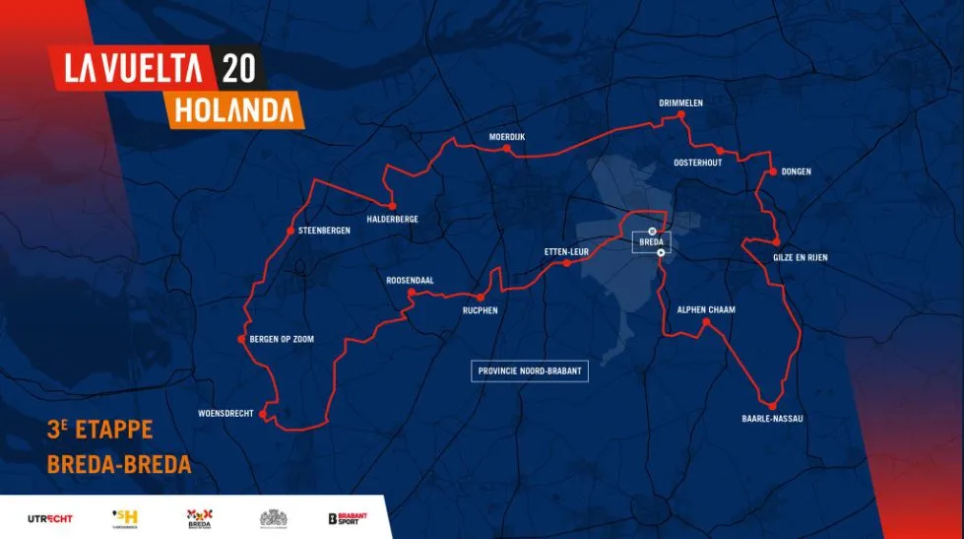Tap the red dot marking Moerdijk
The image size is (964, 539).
tap(506, 150)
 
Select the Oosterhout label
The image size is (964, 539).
tap(698, 162)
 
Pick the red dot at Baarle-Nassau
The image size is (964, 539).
tap(774, 406)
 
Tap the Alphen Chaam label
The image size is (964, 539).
tap(706, 309)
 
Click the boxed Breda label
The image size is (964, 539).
tap(652, 241)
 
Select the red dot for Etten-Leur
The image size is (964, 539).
tap(567, 264)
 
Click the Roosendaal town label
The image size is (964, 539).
tap(411, 280)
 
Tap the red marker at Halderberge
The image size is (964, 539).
tap(392, 205)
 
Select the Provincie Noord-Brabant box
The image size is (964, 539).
tap(530, 371)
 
